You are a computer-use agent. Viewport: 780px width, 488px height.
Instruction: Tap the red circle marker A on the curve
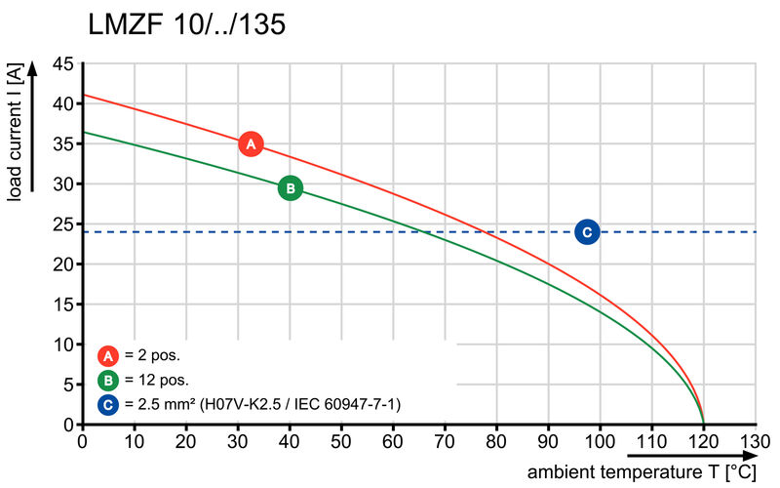251,144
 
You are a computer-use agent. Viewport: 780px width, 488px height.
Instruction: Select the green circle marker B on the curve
290,188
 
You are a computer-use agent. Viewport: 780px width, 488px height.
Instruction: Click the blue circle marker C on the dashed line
586,231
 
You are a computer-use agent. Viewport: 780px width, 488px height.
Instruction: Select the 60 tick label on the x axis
393,441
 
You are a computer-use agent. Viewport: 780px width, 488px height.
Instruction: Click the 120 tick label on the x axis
704,441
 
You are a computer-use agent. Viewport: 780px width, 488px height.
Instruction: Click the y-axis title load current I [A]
15,132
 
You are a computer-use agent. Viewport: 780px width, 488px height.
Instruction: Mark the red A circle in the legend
109,355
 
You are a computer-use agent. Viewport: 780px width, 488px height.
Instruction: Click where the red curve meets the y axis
83,95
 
